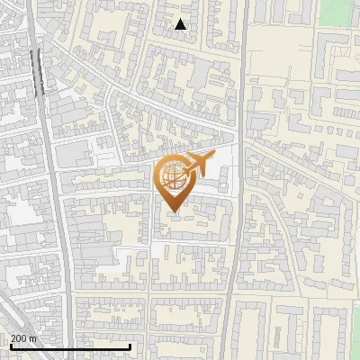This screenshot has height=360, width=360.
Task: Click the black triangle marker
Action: (181, 25)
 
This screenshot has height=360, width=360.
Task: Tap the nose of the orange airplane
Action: (214, 157)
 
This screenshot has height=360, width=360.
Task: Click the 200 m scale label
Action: (23, 338)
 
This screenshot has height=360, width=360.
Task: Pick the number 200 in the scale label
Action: (19, 338)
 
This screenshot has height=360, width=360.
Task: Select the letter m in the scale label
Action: (33, 338)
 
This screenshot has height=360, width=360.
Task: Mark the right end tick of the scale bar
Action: (130, 346)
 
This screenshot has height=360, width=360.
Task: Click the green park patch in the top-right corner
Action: (338, 11)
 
